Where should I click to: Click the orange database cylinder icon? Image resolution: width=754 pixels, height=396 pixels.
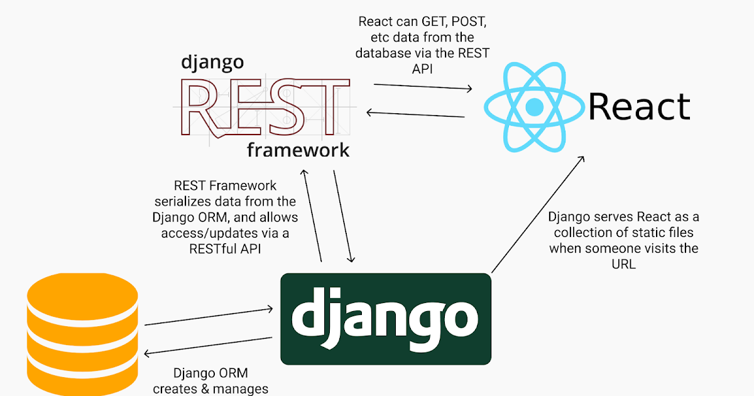click(82, 333)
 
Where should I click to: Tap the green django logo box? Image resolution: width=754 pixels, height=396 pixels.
click(385, 319)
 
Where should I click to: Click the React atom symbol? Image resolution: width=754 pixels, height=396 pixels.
click(533, 107)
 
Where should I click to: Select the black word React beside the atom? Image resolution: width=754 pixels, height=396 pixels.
click(639, 106)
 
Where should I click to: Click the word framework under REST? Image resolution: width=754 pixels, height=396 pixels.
click(298, 151)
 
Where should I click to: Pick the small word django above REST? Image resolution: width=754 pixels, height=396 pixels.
click(212, 62)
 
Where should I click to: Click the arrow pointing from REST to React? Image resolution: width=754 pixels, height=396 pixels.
click(422, 87)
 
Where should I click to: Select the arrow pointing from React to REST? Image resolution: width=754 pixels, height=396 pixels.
click(416, 114)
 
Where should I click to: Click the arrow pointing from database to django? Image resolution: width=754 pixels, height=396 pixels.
click(209, 316)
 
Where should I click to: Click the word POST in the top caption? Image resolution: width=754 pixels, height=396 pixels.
click(466, 22)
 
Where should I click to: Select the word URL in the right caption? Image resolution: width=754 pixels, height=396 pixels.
click(623, 264)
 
